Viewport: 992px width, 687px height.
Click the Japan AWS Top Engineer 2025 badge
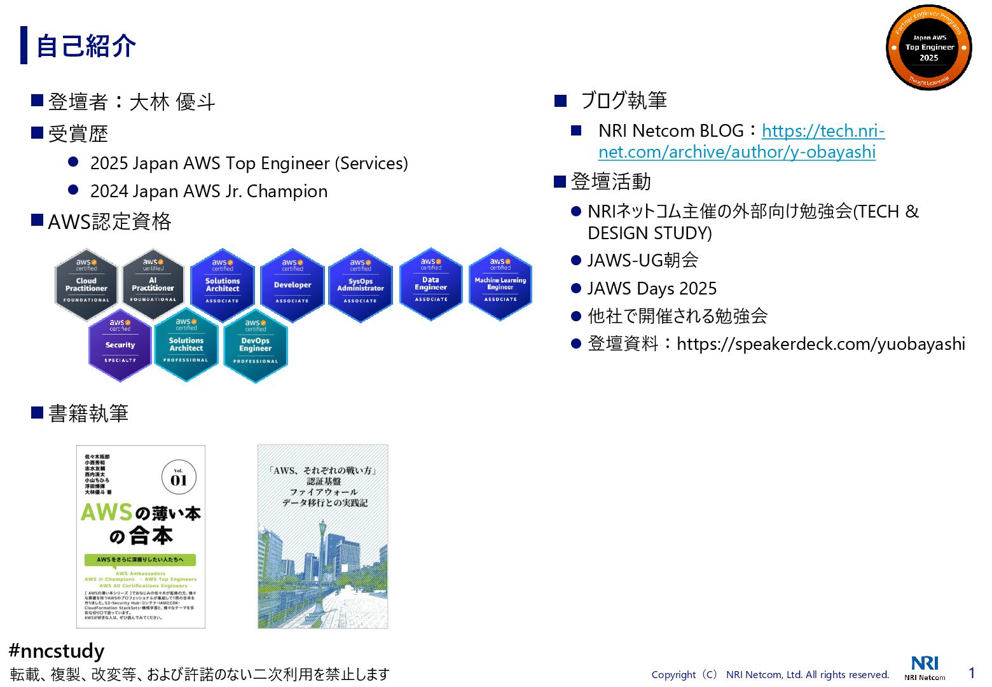coord(928,48)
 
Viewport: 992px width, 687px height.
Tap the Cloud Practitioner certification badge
coord(86,284)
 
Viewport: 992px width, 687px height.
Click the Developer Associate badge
coord(293,285)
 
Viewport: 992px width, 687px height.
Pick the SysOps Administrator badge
coord(361,285)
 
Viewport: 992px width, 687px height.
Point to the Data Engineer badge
coord(431,284)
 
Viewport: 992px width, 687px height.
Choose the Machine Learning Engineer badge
coord(500,284)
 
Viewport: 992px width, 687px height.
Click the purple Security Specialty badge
coord(120,345)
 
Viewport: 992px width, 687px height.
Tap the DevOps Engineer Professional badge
coord(256,345)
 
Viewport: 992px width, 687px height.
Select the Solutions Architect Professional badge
coord(186,345)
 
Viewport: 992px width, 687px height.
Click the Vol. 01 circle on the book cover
coord(179,478)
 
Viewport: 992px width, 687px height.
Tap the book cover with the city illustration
coord(322,536)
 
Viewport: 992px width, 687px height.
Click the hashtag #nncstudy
coord(57,651)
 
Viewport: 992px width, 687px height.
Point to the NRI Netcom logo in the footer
coord(925,667)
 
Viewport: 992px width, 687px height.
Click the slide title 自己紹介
coord(86,46)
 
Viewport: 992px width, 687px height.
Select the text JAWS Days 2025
coord(652,289)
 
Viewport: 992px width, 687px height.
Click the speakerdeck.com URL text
coord(820,344)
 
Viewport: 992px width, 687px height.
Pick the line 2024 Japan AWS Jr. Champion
coord(209,191)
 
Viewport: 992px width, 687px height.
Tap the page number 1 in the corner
coord(972,672)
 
